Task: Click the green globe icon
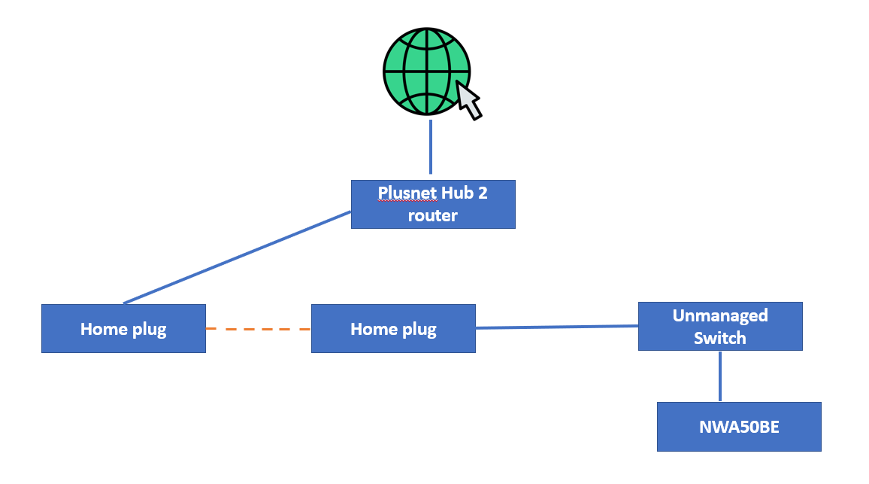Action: click(427, 72)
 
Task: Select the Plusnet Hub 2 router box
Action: click(434, 204)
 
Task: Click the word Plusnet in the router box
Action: click(407, 193)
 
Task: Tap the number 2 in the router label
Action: click(483, 193)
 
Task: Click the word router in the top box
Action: click(433, 215)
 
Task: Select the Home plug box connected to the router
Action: click(123, 329)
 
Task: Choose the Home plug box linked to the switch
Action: click(393, 329)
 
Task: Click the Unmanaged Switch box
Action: click(720, 327)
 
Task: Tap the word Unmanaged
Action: click(720, 315)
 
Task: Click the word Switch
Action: click(720, 338)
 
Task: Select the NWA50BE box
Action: click(739, 427)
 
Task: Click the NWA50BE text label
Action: click(739, 427)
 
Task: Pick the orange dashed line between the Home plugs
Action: click(259, 329)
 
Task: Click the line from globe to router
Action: click(431, 147)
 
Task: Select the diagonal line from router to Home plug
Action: click(238, 257)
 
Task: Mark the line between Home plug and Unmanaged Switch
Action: click(557, 327)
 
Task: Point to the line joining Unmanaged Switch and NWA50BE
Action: click(720, 376)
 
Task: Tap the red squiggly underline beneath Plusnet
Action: click(407, 201)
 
